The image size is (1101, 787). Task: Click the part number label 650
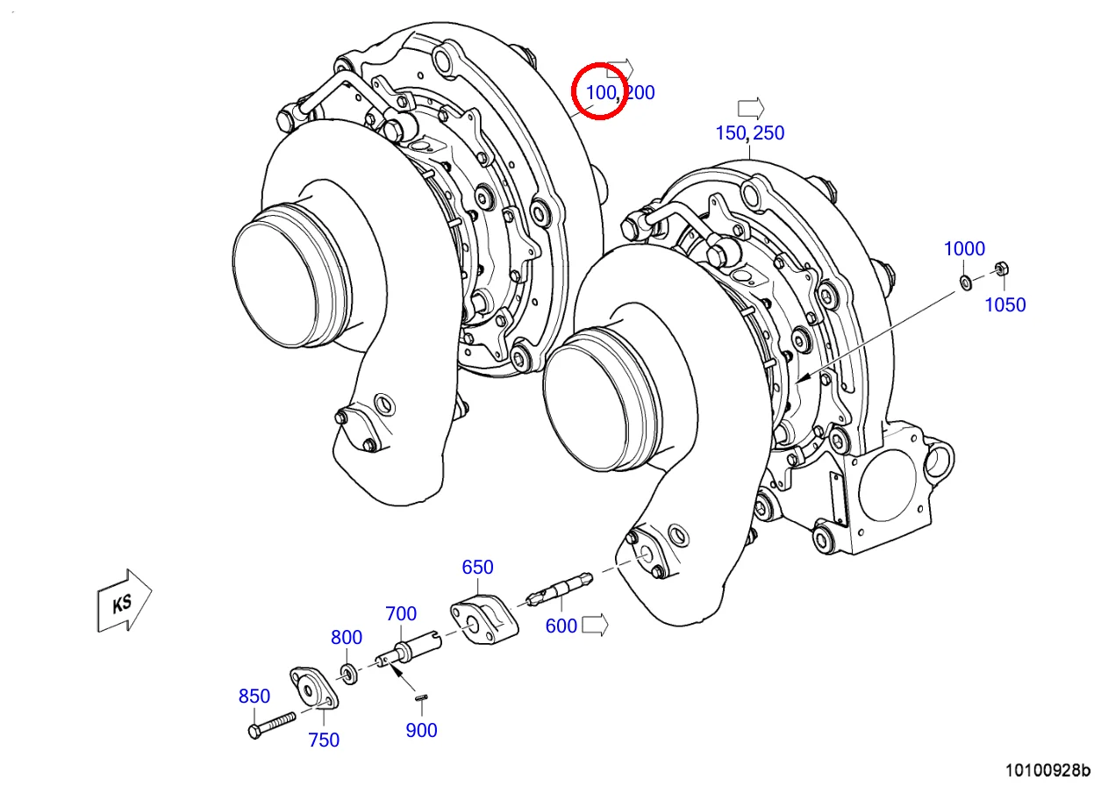tap(477, 567)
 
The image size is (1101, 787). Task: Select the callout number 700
tap(401, 613)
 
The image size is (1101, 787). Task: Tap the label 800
tap(347, 637)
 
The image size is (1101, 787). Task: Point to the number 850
tap(254, 696)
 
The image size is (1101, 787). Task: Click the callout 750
tap(324, 740)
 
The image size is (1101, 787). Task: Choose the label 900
tap(421, 730)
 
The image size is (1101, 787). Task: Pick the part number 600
tap(561, 626)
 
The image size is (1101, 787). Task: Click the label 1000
tap(964, 248)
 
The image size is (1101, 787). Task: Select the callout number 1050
tap(1004, 304)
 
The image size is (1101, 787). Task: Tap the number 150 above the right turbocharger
tap(730, 133)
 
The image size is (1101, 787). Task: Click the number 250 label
tap(768, 133)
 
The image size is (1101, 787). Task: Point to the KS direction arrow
tap(123, 601)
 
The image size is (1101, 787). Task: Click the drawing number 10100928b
tap(1047, 770)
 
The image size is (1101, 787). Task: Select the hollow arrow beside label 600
tap(596, 625)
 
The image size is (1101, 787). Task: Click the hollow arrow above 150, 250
tap(750, 108)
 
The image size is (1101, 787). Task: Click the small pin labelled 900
tap(422, 698)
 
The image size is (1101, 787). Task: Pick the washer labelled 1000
tap(965, 281)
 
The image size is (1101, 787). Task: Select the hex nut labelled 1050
tap(999, 268)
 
